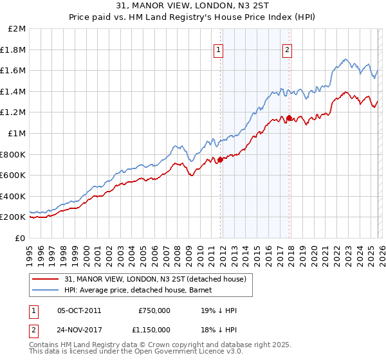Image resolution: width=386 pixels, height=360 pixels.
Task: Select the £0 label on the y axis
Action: pyautogui.click(x=20, y=238)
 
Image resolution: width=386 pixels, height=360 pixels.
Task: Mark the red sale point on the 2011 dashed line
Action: pyautogui.click(x=220, y=159)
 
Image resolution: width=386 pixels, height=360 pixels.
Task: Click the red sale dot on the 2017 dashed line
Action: pyautogui.click(x=289, y=118)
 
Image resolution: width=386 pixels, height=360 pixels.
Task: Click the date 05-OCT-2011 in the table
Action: pyautogui.click(x=79, y=310)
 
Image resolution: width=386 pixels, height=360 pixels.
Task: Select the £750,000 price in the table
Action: pyautogui.click(x=154, y=310)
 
